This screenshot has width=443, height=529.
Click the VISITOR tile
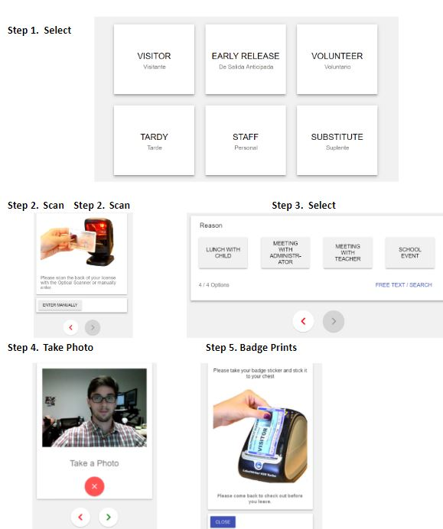click(x=154, y=60)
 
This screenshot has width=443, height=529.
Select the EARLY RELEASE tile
click(x=246, y=60)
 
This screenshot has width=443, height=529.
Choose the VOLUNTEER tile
click(x=337, y=60)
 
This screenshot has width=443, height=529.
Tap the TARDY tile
click(x=154, y=141)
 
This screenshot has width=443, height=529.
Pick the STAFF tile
click(x=246, y=141)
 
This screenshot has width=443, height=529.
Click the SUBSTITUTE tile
click(x=337, y=141)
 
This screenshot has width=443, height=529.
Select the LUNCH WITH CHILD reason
click(x=223, y=253)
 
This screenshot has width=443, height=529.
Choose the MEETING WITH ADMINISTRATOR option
click(x=285, y=253)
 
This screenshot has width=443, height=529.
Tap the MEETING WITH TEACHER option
click(x=347, y=253)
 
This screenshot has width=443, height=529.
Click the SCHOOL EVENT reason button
click(x=410, y=253)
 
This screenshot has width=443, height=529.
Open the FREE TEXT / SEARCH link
click(x=403, y=285)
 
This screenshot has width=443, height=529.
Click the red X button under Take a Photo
click(x=94, y=486)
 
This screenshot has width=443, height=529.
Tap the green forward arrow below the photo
click(x=108, y=518)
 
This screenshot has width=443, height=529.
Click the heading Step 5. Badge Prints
click(x=251, y=348)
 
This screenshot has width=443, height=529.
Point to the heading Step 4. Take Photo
click(x=50, y=348)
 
